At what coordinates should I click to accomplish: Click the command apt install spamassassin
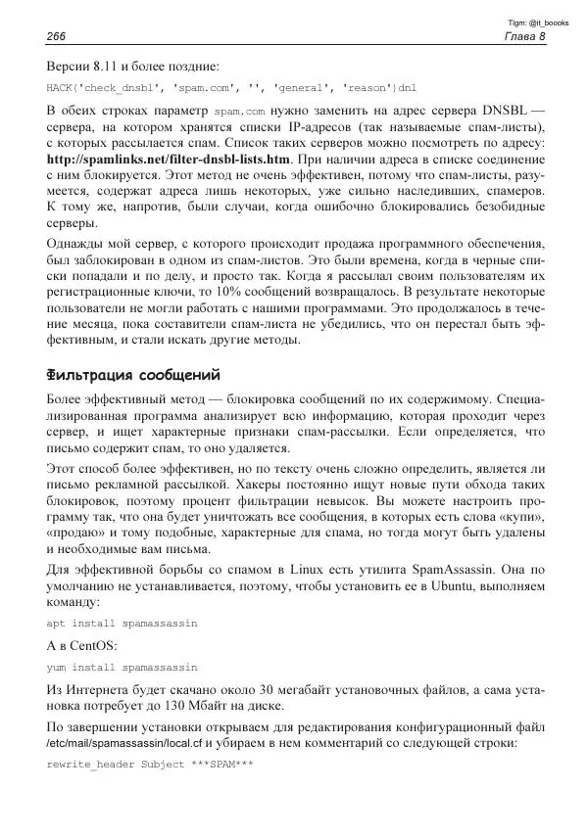pos(122,623)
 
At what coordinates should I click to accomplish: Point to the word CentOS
pos(90,646)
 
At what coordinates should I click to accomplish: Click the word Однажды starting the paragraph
pos(76,242)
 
